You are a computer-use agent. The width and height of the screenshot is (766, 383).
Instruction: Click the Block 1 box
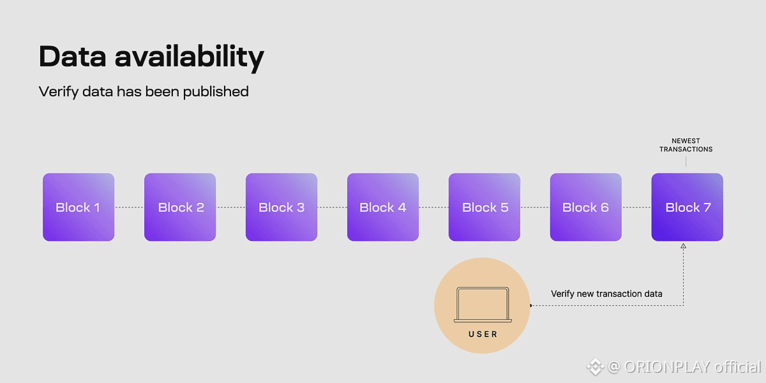coord(79,207)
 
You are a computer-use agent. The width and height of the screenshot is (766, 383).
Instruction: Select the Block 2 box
coord(180,207)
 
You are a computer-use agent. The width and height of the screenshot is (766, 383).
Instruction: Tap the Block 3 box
coord(282,207)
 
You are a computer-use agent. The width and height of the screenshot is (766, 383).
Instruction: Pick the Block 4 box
coord(383,207)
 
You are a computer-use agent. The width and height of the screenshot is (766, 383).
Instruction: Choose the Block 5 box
coord(484,207)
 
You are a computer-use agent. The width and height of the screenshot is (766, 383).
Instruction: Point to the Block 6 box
coord(585,207)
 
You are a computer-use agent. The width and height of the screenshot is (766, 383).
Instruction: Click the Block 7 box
coord(687,207)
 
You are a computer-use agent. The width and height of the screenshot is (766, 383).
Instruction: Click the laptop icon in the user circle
coord(482,305)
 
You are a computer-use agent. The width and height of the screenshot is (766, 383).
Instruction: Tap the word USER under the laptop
coord(483,334)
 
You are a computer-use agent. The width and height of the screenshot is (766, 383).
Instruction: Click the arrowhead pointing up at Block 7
coord(684,246)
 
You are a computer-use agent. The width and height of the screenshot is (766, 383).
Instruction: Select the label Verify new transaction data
coord(606,294)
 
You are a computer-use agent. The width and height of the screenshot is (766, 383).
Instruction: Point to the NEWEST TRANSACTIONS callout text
coord(686,145)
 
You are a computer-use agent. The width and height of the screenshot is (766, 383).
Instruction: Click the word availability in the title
coord(189,57)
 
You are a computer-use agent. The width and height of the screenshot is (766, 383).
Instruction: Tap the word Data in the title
coord(72,57)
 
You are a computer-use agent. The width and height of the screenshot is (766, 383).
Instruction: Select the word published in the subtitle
coord(216,92)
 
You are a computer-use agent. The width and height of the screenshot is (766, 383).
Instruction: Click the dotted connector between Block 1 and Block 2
coord(129,207)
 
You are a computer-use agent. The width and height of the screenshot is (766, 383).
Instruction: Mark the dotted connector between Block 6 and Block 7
coord(636,207)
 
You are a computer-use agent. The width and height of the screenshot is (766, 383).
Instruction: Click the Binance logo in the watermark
coord(595,366)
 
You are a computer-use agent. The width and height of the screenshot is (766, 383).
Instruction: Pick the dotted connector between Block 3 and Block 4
coord(332,207)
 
